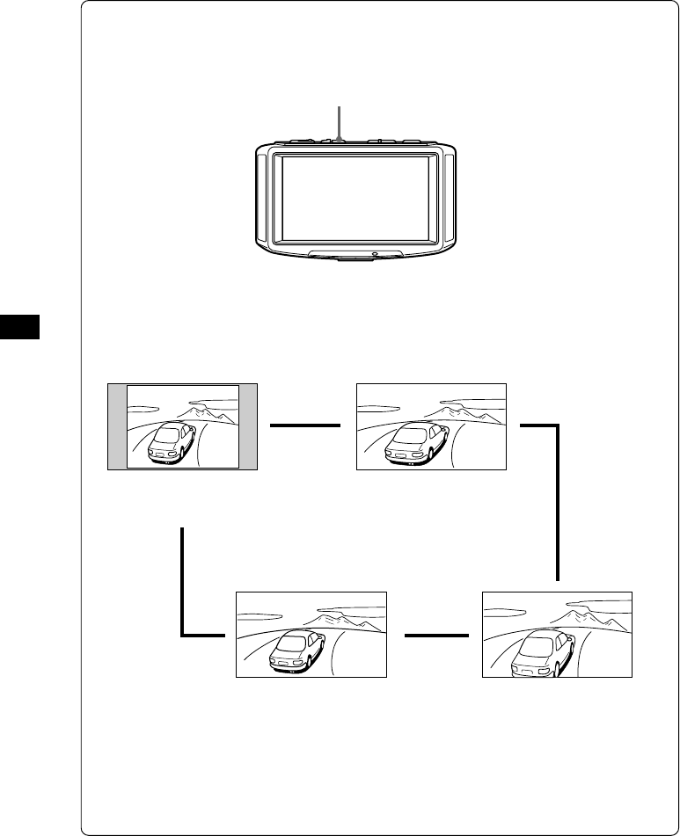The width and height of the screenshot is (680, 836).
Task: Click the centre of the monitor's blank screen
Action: coord(355,199)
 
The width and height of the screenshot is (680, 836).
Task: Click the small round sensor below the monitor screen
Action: coord(375,255)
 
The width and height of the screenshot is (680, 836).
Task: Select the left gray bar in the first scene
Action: coord(117,426)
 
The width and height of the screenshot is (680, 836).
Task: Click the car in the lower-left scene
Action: coord(296,651)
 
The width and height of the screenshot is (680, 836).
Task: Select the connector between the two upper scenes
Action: coord(304,425)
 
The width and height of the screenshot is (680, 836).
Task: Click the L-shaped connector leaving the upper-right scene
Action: coord(557,492)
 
